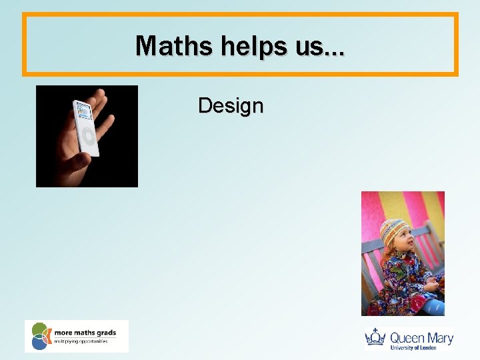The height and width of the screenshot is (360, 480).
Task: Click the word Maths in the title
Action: point(166,45)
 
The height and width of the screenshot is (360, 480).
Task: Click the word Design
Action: point(231,105)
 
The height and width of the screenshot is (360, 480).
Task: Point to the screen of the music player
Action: point(83,114)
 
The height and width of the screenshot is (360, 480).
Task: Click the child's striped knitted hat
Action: point(393,231)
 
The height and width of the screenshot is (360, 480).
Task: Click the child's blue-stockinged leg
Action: point(434,307)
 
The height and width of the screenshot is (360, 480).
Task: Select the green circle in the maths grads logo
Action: point(40,329)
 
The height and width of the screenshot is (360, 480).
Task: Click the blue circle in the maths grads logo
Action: point(39,343)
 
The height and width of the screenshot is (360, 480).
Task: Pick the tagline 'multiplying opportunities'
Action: point(81,341)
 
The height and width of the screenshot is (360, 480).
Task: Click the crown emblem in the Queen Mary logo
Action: point(376,337)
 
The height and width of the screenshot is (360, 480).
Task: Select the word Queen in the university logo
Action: point(406,337)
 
